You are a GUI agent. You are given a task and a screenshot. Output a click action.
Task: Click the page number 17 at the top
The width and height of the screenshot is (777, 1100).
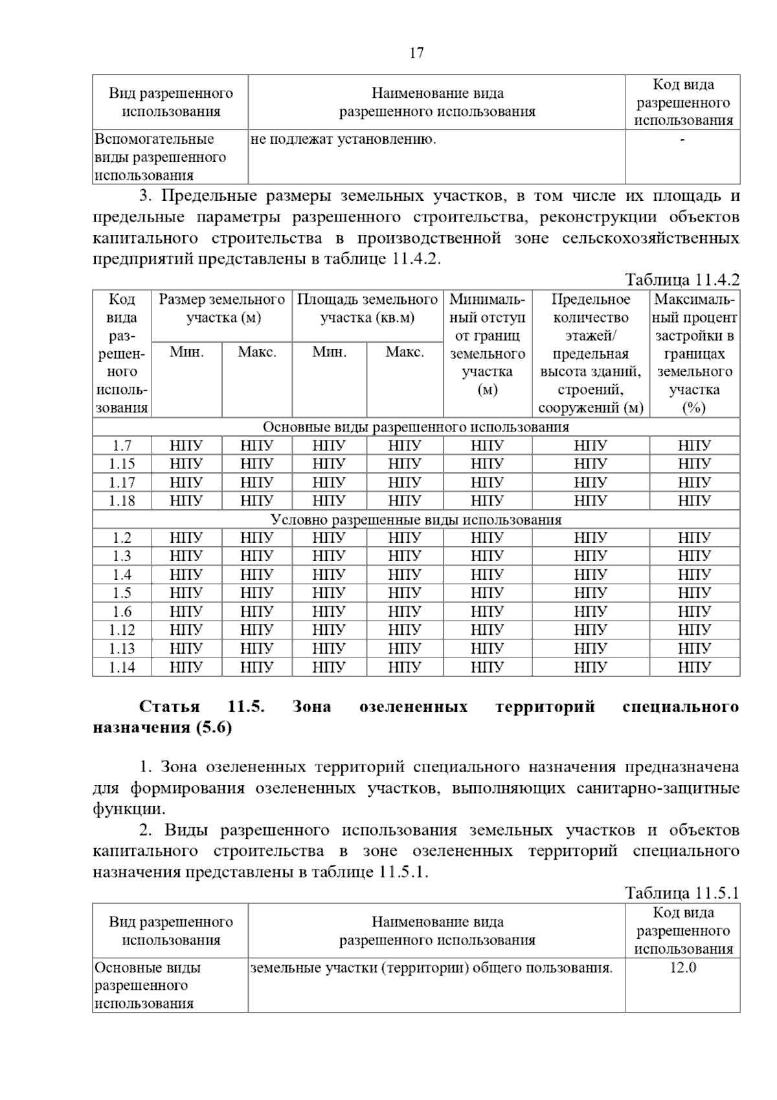coord(416,53)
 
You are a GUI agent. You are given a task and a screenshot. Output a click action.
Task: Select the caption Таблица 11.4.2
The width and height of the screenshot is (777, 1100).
coord(682,280)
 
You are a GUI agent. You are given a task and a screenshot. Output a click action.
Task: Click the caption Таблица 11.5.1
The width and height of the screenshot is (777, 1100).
coord(682,893)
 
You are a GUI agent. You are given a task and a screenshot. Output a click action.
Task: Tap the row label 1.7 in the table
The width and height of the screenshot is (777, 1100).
coord(122,446)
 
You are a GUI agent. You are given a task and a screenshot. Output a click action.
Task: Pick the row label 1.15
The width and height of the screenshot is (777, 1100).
coord(122,464)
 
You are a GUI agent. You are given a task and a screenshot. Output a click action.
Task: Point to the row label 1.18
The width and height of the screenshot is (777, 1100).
coord(122,501)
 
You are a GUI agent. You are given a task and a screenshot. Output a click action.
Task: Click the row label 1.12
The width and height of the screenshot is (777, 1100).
coord(122,630)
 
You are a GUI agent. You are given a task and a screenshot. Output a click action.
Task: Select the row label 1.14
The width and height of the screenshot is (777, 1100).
coord(122,667)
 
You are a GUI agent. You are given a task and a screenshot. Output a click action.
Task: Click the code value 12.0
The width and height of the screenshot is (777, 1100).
coord(682,968)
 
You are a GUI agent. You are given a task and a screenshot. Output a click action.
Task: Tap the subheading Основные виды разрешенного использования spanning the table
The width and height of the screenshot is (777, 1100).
coord(416,427)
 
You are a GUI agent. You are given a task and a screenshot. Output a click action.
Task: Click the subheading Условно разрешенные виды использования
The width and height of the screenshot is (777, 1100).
coord(416,520)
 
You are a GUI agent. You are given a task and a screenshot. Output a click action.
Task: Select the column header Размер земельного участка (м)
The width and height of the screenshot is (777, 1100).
coord(222,308)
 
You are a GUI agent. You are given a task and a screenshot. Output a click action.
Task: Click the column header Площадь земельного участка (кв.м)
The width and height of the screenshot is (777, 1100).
coord(367,308)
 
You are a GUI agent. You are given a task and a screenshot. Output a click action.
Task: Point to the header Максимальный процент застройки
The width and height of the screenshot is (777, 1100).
coord(695,353)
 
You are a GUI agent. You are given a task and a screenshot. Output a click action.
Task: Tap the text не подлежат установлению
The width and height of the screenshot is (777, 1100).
coord(343,139)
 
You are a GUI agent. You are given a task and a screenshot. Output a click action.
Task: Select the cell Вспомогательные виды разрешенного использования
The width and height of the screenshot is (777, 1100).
coord(160,157)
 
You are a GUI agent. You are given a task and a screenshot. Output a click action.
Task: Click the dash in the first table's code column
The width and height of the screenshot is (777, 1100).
coord(682,139)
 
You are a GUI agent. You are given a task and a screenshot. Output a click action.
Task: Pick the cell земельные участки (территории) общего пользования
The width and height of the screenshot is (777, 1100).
coord(431,968)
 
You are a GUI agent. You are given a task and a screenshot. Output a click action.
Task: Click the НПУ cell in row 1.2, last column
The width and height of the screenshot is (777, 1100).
coord(694,538)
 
